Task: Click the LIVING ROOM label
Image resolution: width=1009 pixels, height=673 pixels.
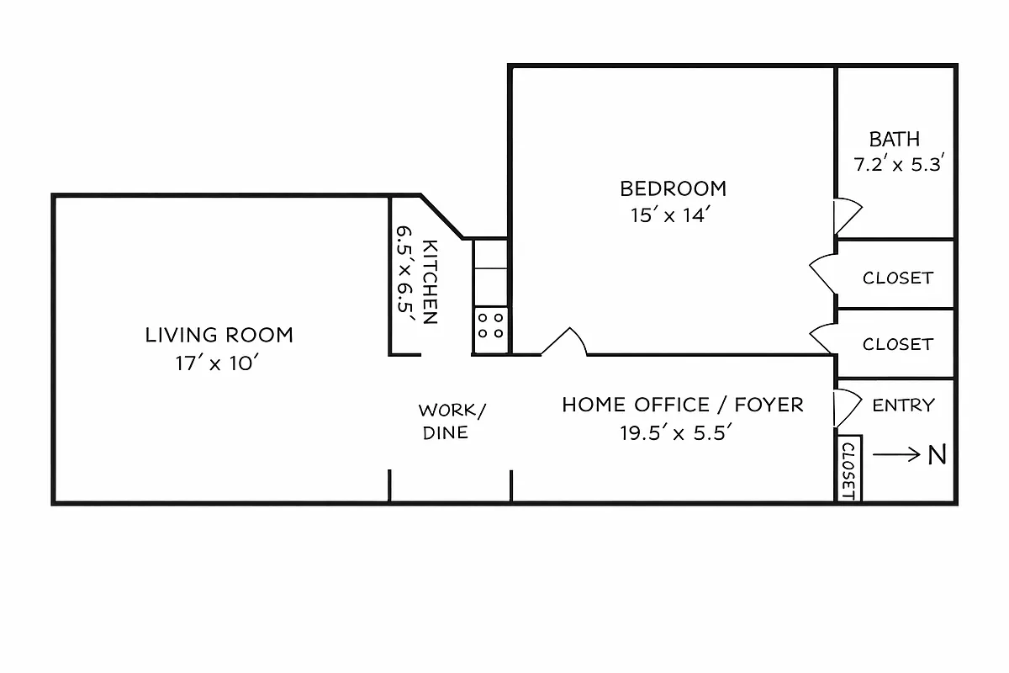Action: pos(219,335)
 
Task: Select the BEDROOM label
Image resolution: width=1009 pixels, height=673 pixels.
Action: pos(673,188)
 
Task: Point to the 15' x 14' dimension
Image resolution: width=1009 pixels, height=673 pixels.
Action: pos(672,215)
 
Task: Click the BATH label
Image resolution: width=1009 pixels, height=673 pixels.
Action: pos(895,139)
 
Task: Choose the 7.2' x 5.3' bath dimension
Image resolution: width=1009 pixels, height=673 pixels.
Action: pos(901,165)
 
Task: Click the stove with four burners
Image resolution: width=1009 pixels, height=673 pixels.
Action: pos(491,325)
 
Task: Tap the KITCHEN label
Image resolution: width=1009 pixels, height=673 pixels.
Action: pos(430,282)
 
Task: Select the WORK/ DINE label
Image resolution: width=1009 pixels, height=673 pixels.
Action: pos(452,421)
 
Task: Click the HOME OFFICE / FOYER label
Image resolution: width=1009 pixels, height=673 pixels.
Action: pos(683,405)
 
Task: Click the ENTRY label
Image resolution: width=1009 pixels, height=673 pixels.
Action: pos(903,405)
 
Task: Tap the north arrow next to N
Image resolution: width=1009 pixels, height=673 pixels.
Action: pos(897,455)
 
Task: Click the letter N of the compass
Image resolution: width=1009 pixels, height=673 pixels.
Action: pos(938,455)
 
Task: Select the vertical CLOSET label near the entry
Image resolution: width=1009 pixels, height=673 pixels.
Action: pos(848,470)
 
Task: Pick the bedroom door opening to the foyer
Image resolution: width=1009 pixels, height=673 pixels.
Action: pos(564,342)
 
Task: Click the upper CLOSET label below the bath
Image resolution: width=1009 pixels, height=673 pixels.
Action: pos(897,278)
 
